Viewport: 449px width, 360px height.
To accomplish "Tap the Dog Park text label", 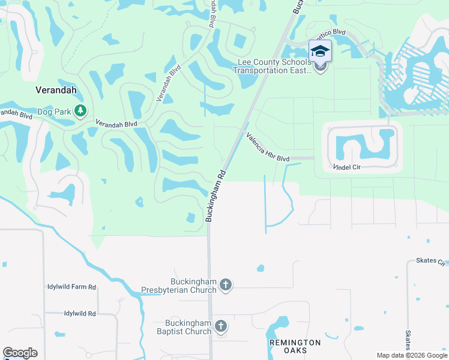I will click(54, 111).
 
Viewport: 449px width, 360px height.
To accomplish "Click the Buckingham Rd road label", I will click(216, 195).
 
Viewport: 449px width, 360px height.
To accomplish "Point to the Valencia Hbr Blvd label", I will click(268, 147).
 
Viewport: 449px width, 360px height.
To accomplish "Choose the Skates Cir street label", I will click(432, 262).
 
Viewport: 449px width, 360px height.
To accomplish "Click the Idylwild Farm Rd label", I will click(71, 287).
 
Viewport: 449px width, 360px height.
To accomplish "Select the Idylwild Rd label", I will click(80, 314).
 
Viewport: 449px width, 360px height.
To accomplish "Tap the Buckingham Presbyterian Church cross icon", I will click(226, 285).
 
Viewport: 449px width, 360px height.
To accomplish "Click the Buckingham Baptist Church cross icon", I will click(220, 327).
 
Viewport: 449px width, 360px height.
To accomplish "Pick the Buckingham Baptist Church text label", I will click(184, 328).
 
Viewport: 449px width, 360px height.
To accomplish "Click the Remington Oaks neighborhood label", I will click(295, 346).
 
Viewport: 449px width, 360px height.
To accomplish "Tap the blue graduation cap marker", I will click(320, 52).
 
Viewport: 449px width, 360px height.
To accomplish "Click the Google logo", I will click(20, 353).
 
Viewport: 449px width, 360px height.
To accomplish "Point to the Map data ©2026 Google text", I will click(411, 355).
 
